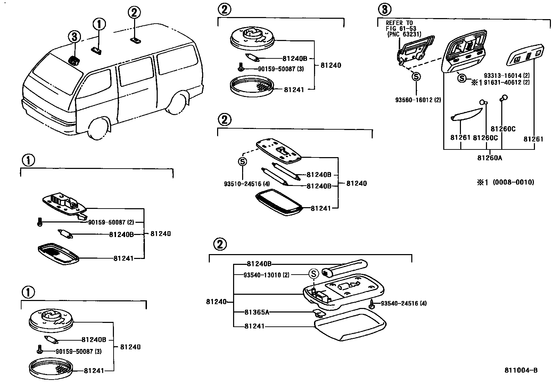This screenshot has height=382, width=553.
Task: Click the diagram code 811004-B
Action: coord(521,371)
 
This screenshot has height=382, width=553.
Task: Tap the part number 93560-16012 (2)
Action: coord(418,100)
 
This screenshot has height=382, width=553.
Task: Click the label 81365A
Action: coord(257,312)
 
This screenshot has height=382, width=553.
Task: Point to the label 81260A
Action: coord(489,158)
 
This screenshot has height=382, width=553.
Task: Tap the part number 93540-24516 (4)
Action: coord(404,303)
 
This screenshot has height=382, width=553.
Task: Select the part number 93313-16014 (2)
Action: coord(507,75)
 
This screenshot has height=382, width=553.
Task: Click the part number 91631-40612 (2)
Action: coord(507,83)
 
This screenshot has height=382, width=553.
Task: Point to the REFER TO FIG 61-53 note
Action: coord(403,29)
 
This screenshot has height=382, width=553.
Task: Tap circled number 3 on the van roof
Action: coord(74,37)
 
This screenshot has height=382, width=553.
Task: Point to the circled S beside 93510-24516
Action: coord(242,162)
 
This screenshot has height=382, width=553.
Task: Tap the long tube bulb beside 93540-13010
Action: coord(344,268)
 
